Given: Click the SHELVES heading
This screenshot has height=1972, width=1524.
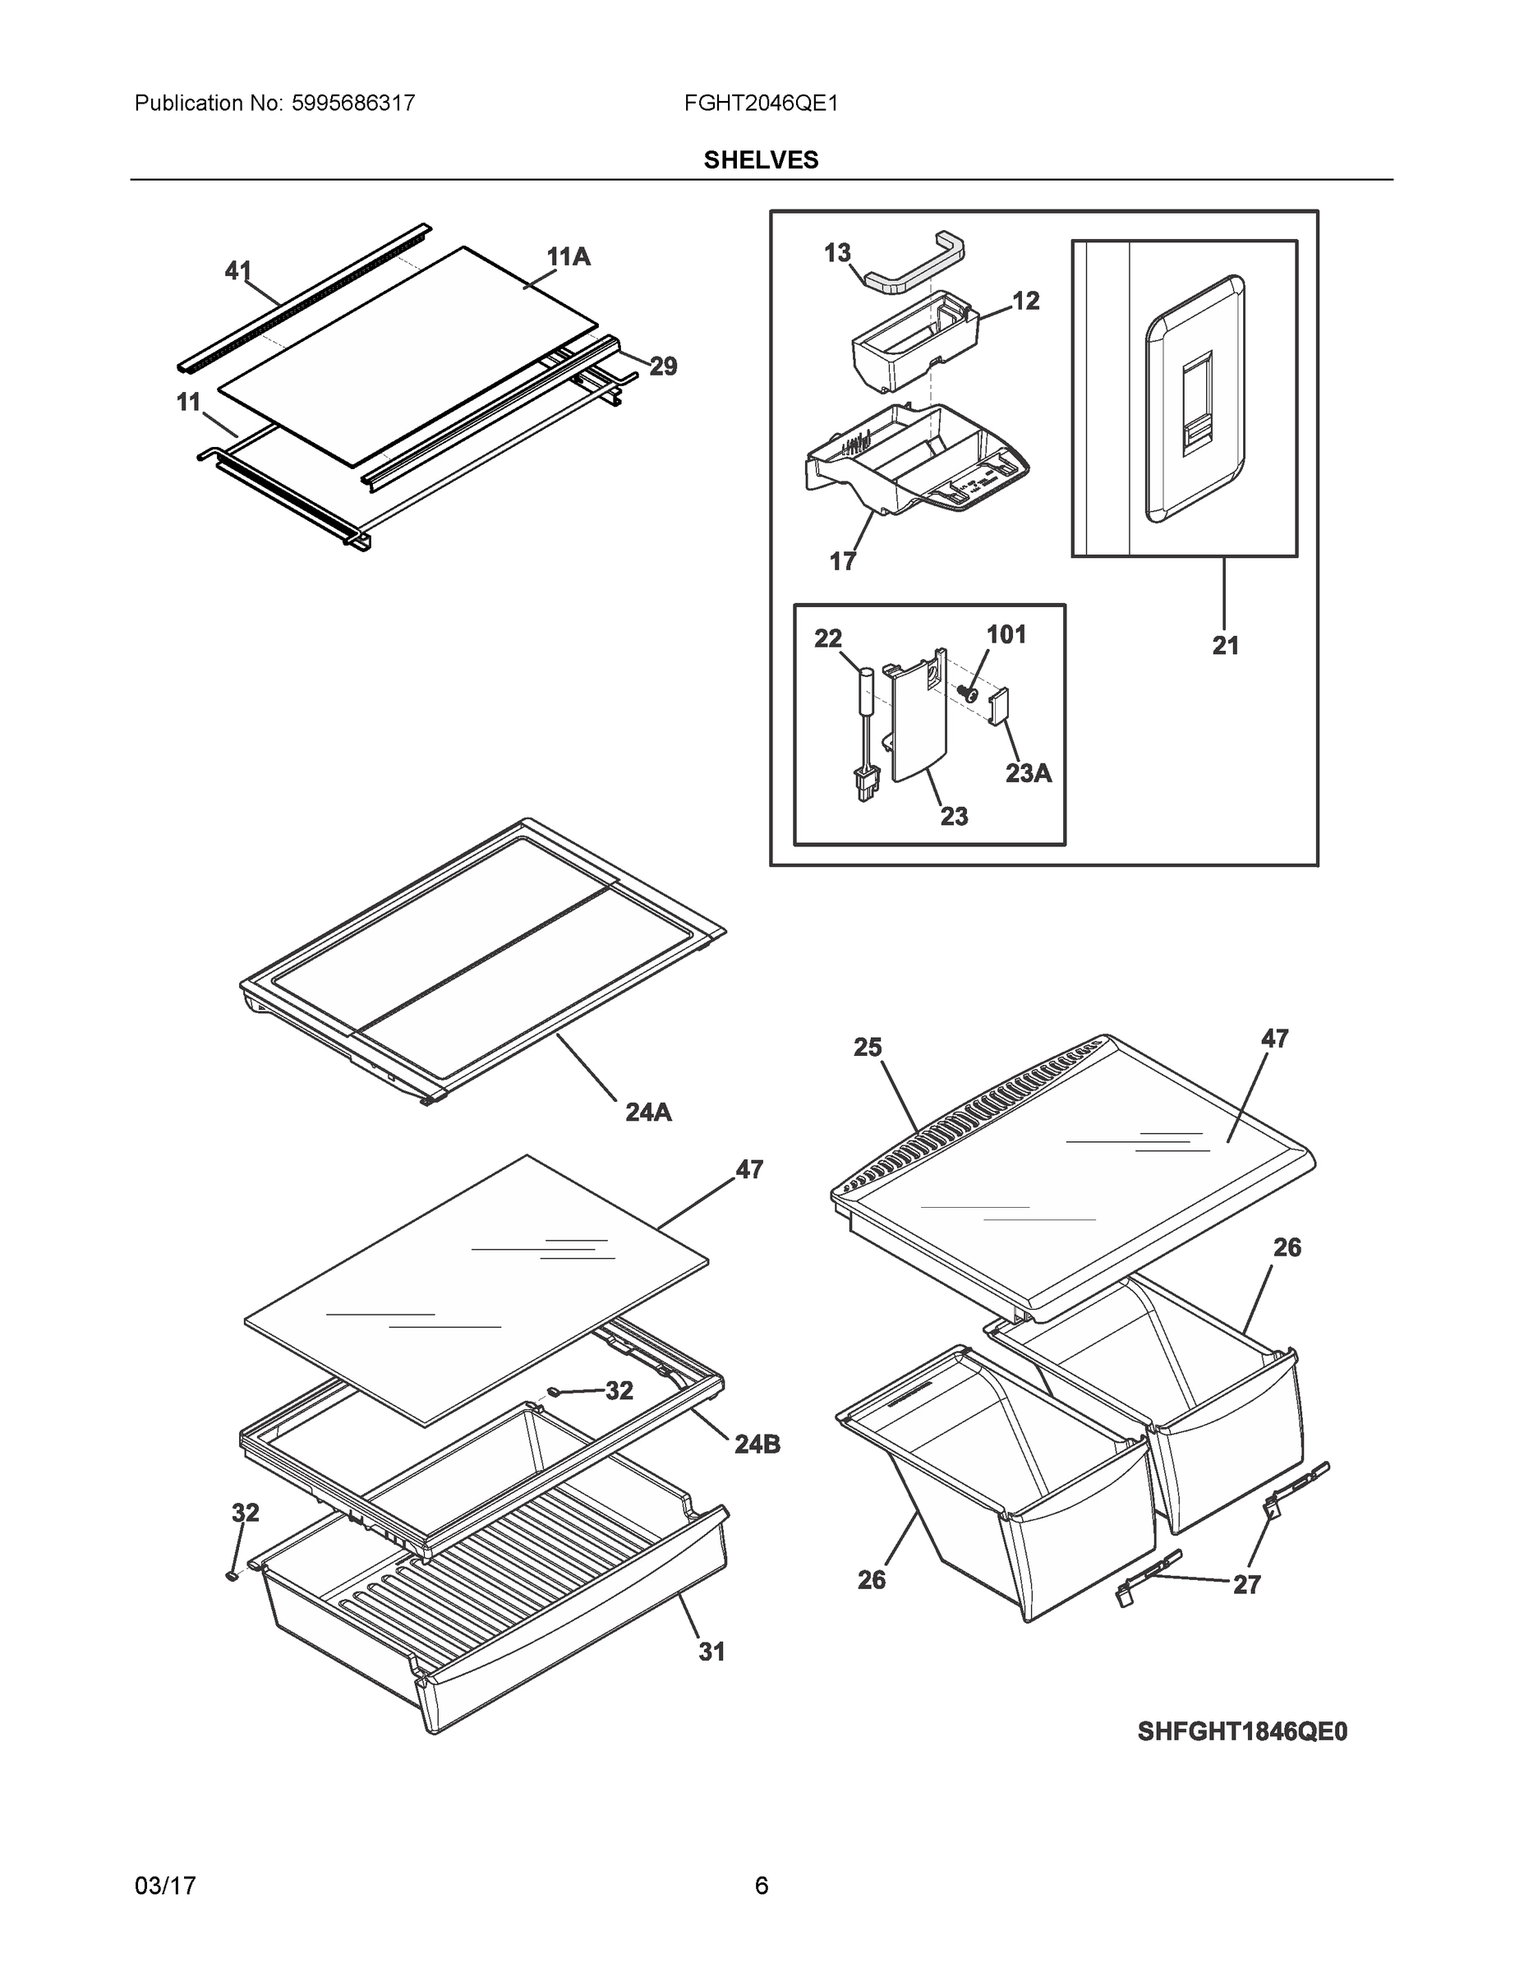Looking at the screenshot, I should tap(760, 160).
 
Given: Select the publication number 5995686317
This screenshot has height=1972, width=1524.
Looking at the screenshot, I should tap(353, 104).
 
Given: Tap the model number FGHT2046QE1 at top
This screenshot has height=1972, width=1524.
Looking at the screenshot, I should tap(760, 104).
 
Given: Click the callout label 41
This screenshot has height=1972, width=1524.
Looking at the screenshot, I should tap(238, 270).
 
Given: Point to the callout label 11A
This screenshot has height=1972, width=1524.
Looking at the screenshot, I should tap(568, 257).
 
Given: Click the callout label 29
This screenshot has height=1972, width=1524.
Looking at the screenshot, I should tap(663, 366).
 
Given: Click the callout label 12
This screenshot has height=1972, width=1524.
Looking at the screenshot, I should tap(1025, 301).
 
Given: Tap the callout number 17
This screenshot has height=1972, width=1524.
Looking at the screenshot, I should tap(842, 562).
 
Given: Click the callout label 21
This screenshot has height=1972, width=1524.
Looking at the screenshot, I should tap(1225, 646).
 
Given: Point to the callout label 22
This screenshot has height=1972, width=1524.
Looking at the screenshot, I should tap(828, 638).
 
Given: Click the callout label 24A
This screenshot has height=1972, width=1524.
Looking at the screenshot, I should tap(648, 1113).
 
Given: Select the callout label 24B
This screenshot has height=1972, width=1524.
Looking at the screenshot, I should tap(757, 1444).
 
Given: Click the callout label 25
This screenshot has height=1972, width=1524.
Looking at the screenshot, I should tap(868, 1048).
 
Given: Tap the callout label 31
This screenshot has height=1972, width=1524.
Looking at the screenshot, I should tap(711, 1652).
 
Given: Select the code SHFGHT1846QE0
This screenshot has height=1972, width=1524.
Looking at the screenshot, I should tap(1241, 1731).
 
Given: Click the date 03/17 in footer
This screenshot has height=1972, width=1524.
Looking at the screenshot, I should tap(165, 1886).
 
